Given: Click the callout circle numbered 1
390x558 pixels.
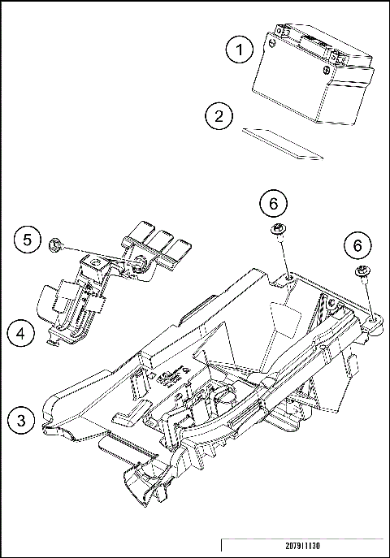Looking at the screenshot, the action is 240,49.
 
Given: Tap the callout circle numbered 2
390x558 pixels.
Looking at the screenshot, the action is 219,116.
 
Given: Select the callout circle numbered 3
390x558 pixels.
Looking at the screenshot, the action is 22,420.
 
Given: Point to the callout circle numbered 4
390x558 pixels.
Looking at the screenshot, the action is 21,334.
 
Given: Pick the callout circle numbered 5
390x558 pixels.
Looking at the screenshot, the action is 28,240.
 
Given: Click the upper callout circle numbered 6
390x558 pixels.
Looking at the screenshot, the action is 273,204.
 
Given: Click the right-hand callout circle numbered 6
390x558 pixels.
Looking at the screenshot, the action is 357,245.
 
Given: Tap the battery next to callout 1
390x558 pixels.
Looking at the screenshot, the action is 313,74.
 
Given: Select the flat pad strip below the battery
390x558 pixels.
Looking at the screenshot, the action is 283,144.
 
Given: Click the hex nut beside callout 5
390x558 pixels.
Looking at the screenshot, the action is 54,244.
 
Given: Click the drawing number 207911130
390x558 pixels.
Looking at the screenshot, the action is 302,546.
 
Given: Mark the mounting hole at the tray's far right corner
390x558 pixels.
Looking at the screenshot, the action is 372,319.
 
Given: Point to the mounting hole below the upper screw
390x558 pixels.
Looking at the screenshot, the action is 289,277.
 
